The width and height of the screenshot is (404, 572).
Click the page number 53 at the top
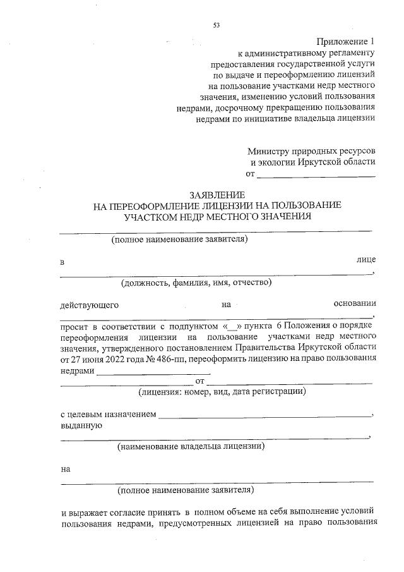217,25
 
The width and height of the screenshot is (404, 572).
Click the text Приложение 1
345,41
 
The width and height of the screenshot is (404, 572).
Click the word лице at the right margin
366,260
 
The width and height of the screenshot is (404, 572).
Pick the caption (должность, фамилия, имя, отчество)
196,283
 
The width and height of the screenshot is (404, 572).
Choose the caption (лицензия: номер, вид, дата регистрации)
223,392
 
